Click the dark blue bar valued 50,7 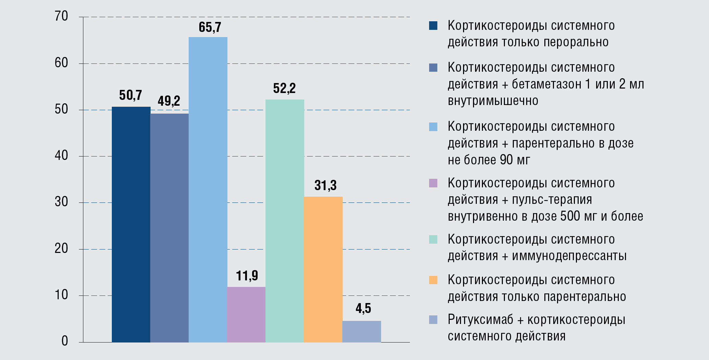131,224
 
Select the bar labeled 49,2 169,228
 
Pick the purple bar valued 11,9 246,314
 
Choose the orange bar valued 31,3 323,269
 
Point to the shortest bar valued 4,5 362,332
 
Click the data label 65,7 210,27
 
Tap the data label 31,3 326,186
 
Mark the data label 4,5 363,308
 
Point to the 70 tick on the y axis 61,16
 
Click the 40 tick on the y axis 61,155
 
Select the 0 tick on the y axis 65,341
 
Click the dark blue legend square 433,26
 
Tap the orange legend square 433,280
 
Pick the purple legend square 433,183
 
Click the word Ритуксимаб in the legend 480,320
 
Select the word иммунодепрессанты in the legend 569,256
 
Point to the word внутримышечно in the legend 493,101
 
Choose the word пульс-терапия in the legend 552,200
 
